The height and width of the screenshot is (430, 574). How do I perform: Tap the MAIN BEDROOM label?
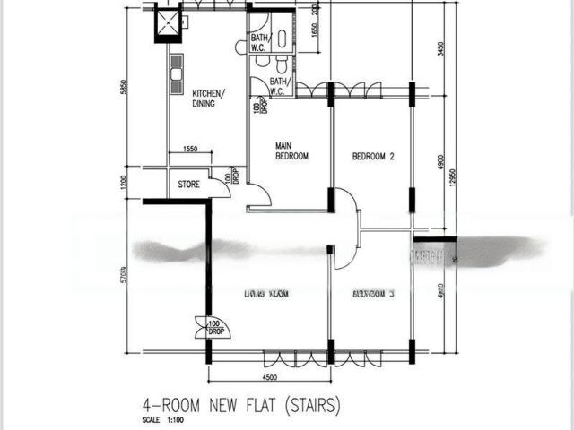point(291,150)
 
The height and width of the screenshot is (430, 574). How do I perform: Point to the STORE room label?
point(188,185)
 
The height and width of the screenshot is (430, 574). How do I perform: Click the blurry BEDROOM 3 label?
point(373,293)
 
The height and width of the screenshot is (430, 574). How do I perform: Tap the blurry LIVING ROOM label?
point(268,293)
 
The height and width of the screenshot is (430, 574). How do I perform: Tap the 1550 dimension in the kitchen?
point(190,149)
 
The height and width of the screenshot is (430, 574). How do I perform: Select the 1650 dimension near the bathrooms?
point(314,30)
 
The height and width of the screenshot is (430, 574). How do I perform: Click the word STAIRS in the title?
point(312,406)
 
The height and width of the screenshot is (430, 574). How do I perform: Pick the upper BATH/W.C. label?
point(260,41)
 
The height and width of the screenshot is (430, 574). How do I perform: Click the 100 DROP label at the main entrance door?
point(214,328)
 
